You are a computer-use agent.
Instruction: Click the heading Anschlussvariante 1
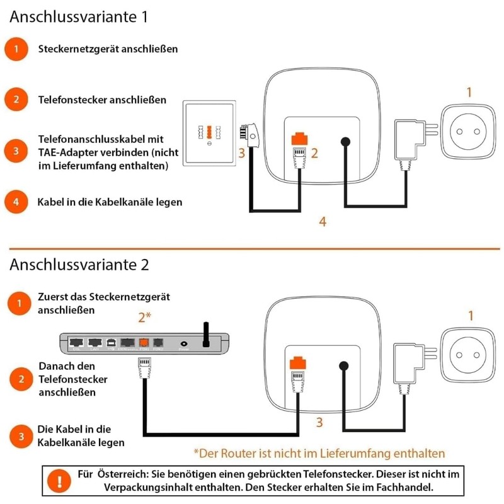79,17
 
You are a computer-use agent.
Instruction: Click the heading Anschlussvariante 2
79,264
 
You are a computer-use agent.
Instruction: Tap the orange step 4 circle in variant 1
20,202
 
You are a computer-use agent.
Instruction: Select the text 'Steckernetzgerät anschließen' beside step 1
108,49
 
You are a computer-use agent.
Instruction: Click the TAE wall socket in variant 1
210,133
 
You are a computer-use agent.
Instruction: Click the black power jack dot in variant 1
345,143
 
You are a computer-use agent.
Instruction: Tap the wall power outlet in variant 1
468,130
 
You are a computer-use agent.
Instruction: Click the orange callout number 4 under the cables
323,222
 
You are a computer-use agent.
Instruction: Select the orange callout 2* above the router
146,317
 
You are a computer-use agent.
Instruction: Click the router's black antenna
205,335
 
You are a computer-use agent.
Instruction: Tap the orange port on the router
143,343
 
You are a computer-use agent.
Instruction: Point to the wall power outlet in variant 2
468,353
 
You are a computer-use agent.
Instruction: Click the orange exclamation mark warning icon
60,481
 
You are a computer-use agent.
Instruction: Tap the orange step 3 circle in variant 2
20,436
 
